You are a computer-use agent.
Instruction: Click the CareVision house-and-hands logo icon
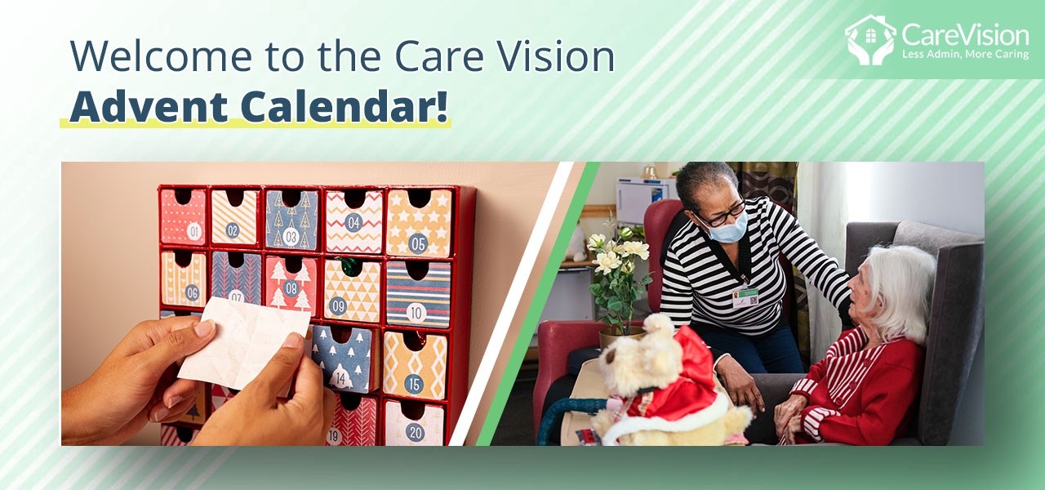[x=869, y=39]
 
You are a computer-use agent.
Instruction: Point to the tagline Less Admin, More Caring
[x=965, y=55]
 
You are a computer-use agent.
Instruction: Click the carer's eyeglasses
[x=723, y=215]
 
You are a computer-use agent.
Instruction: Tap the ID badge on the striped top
[x=745, y=296]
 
